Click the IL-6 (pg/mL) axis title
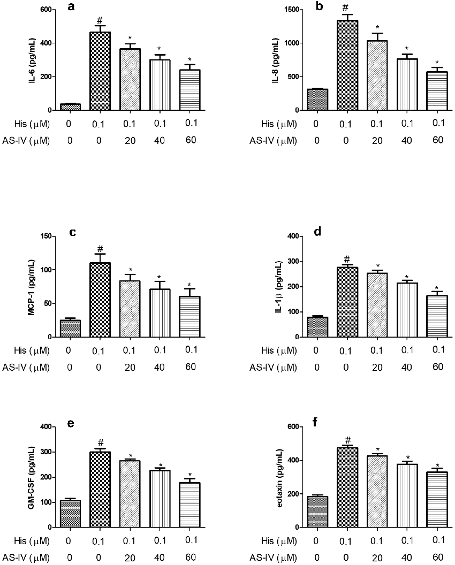18,60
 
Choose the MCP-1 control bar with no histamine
70,329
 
